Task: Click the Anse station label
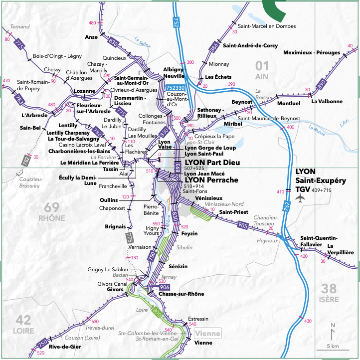(x=91, y=37)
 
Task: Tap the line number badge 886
(x=214, y=47)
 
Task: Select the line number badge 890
(x=322, y=84)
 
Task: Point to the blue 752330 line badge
(x=175, y=88)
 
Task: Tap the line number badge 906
(x=165, y=288)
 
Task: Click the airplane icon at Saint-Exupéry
(x=299, y=198)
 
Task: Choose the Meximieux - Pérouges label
(x=312, y=52)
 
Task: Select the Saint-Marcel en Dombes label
(x=267, y=25)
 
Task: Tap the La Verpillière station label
(x=341, y=249)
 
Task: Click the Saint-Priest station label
(x=230, y=212)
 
